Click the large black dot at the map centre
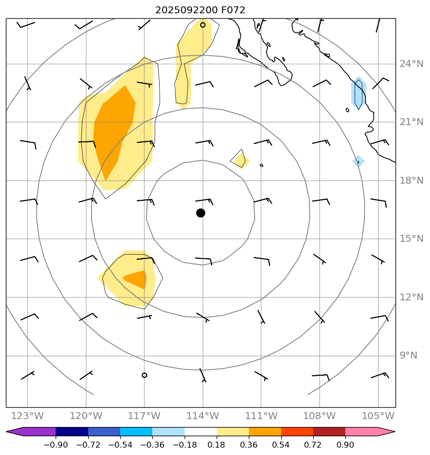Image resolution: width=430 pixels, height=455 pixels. [200, 213]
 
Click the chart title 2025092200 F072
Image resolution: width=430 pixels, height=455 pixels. [200, 10]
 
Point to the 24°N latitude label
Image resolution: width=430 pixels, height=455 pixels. [411, 64]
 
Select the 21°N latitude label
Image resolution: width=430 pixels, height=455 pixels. [411, 122]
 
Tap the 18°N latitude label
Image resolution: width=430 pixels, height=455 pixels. [411, 181]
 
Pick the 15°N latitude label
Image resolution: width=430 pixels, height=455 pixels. [411, 239]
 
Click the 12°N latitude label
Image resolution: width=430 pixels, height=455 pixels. [411, 297]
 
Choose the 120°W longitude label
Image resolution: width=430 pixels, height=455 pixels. [86, 416]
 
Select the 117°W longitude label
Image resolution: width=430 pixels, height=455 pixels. [144, 416]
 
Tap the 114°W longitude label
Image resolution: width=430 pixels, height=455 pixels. [202, 416]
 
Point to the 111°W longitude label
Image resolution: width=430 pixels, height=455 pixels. [261, 416]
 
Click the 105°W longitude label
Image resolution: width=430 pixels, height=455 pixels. [378, 416]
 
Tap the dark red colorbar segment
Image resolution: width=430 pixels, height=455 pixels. [329, 432]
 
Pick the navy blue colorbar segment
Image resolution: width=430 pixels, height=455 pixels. [72, 432]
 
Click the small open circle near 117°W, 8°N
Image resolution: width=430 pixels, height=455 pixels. [144, 375]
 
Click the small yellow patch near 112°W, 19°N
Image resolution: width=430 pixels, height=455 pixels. [240, 160]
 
